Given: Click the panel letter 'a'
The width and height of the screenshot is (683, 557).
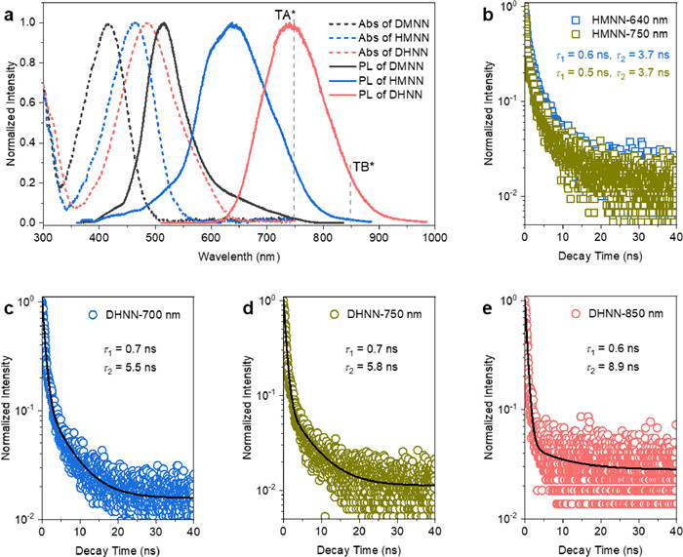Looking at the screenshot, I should pyautogui.click(x=9, y=9).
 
